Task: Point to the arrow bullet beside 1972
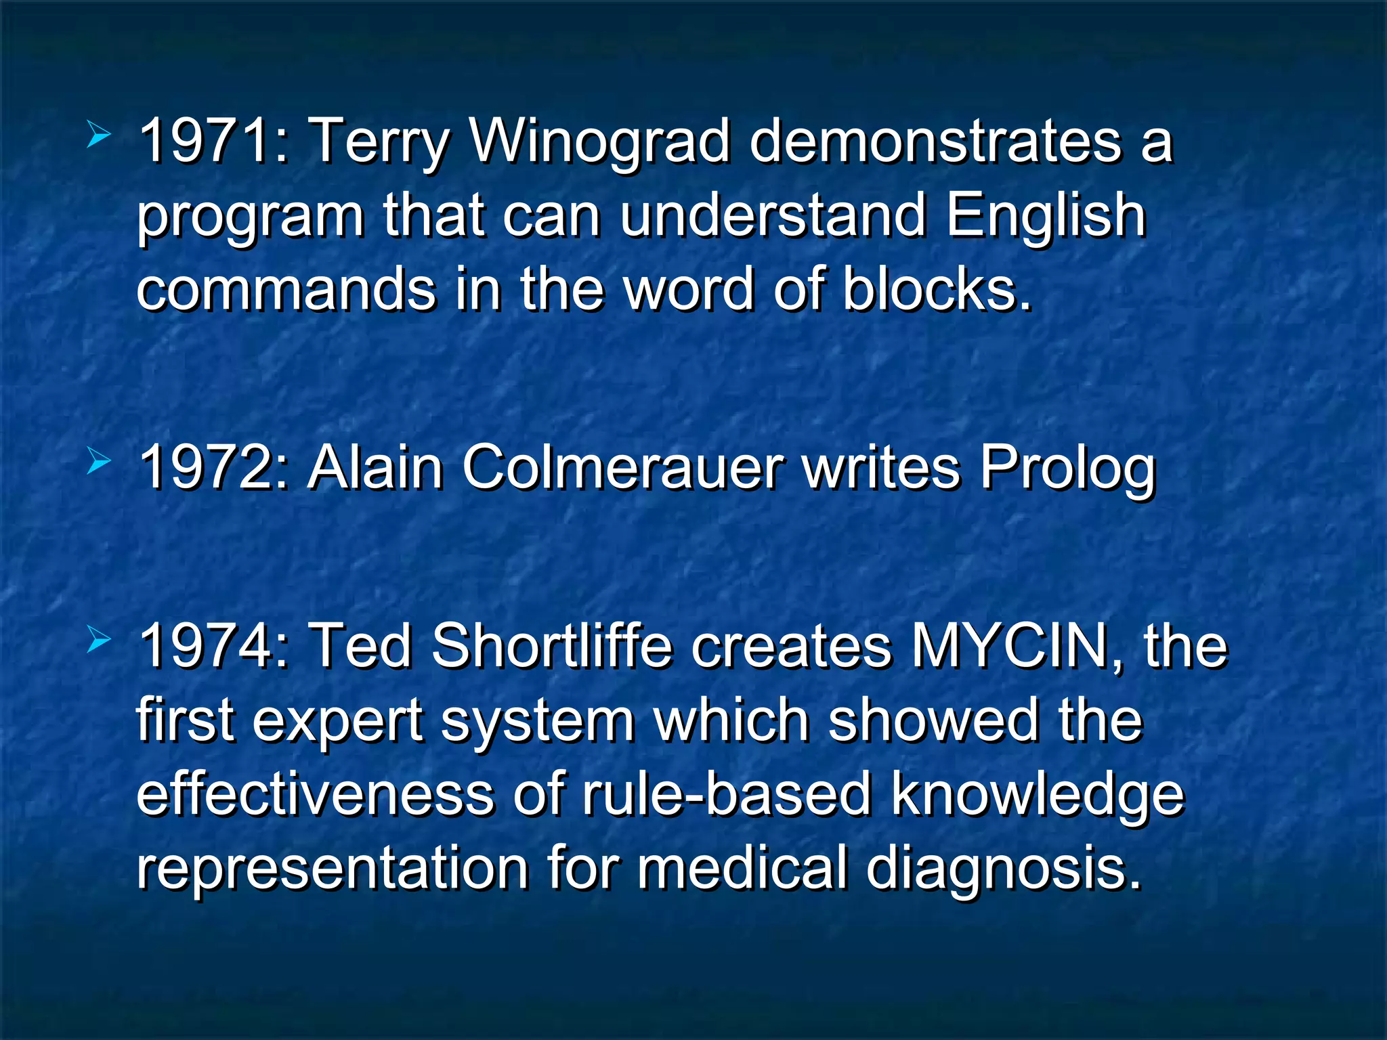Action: [99, 463]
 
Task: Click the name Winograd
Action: [600, 141]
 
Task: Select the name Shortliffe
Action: [552, 645]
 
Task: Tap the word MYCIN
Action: [1010, 645]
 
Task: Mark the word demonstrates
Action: [935, 141]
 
